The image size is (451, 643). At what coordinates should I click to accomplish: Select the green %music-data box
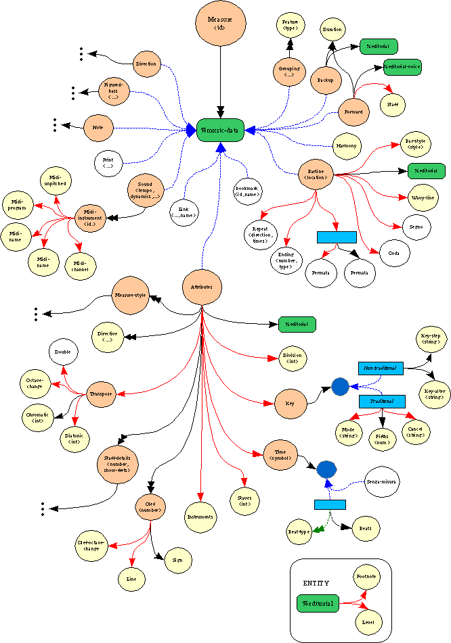220,129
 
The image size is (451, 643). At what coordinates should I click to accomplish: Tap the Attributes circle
202,287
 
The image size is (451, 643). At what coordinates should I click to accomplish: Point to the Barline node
317,173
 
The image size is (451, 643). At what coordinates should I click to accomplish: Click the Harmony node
347,145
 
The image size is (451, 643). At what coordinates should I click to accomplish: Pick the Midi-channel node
80,264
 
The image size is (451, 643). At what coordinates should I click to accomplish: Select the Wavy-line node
423,197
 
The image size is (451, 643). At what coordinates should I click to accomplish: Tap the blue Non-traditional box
380,368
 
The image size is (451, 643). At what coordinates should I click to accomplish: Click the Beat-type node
299,531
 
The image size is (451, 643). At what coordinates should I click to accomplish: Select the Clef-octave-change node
91,545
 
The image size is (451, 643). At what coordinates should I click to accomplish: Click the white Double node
64,352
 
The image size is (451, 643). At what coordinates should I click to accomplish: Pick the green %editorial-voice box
402,67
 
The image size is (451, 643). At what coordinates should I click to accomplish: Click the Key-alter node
431,393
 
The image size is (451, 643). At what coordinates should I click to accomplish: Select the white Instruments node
200,517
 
